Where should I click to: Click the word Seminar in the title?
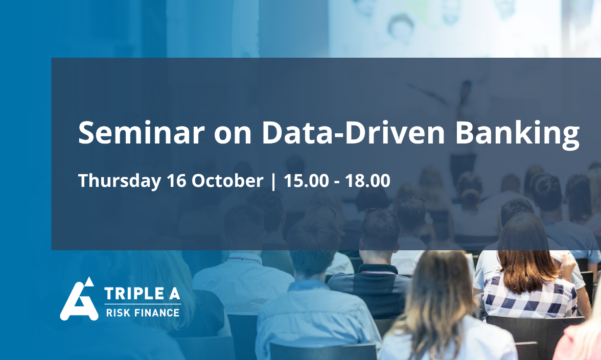pyautogui.click(x=141, y=133)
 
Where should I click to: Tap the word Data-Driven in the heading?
pyautogui.click(x=353, y=133)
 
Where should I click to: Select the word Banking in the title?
pyautogui.click(x=517, y=134)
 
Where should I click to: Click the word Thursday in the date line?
pyautogui.click(x=120, y=181)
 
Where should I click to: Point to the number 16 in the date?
pyautogui.click(x=176, y=181)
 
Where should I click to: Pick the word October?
pyautogui.click(x=227, y=180)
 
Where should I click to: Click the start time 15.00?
pyautogui.click(x=306, y=181)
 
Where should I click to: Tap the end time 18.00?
pyautogui.click(x=367, y=181)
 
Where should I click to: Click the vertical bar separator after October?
pyautogui.click(x=273, y=181)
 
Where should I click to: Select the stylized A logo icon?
pyautogui.click(x=79, y=299)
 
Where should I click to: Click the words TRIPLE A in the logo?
pyautogui.click(x=142, y=294)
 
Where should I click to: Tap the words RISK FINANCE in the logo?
pyautogui.click(x=143, y=313)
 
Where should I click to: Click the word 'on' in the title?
pyautogui.click(x=233, y=135)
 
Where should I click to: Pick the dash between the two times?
pyautogui.click(x=336, y=182)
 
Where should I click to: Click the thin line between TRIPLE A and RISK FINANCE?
pyautogui.click(x=143, y=304)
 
